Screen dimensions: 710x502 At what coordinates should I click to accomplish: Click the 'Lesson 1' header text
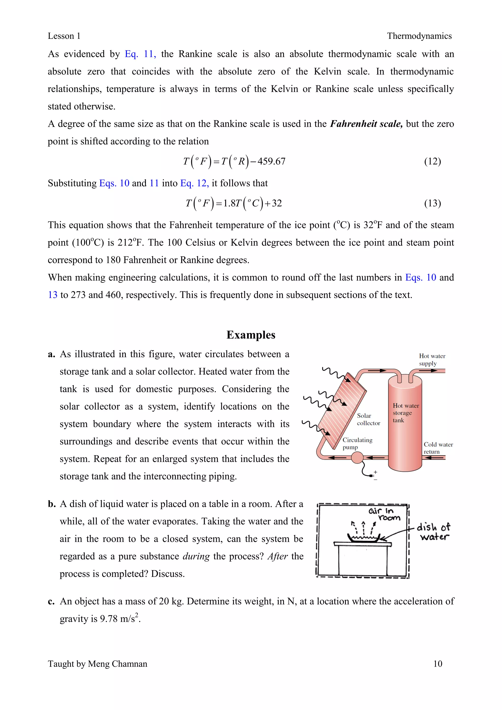64,36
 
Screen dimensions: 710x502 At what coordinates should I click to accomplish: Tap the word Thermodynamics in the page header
419,36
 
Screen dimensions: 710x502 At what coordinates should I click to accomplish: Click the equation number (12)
432,161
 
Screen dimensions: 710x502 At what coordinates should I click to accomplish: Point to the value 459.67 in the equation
271,161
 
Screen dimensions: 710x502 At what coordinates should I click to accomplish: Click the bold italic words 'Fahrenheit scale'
366,124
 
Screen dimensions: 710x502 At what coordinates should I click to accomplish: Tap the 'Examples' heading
251,335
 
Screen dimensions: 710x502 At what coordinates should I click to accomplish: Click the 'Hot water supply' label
432,360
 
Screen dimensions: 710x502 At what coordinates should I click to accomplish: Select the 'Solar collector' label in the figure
368,419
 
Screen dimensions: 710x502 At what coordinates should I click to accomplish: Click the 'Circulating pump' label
357,443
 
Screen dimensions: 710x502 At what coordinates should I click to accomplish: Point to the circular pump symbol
357,458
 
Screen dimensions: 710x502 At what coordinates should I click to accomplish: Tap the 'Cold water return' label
438,448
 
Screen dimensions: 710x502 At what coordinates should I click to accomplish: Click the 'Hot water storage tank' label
405,413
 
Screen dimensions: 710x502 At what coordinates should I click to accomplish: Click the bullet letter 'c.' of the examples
51,601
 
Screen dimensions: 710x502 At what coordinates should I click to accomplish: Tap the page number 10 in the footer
438,664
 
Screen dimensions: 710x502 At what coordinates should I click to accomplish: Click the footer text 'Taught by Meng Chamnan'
97,664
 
